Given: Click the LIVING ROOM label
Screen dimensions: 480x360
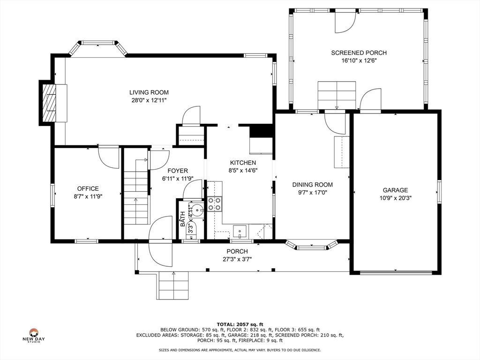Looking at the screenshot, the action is tap(149, 92).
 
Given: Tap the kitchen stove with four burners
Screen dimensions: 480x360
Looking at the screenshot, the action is tap(215, 204).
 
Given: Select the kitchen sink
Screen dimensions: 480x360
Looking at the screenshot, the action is tap(240, 231).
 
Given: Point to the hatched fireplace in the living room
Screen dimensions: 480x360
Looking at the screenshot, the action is tap(49, 103).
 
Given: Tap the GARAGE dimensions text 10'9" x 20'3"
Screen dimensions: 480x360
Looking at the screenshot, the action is tap(396, 198).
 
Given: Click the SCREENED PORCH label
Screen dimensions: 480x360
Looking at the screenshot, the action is tap(359, 53).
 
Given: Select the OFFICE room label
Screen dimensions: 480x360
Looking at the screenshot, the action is tap(88, 189).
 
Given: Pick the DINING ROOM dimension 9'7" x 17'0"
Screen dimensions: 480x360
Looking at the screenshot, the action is tap(312, 193).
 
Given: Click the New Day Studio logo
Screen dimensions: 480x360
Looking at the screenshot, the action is tap(33, 335).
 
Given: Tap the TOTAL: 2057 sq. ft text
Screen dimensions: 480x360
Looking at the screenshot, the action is tap(240, 324).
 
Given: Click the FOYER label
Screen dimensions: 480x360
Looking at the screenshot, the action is tap(178, 171).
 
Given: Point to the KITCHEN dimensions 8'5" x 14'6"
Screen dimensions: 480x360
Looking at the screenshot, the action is tap(243, 171).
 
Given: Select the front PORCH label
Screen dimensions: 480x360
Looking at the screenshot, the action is tap(237, 252).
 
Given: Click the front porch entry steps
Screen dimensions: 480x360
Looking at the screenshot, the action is tap(173, 285).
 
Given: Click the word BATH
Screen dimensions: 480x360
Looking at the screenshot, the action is tap(182, 219).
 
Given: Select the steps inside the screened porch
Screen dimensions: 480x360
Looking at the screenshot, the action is tap(337, 95).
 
